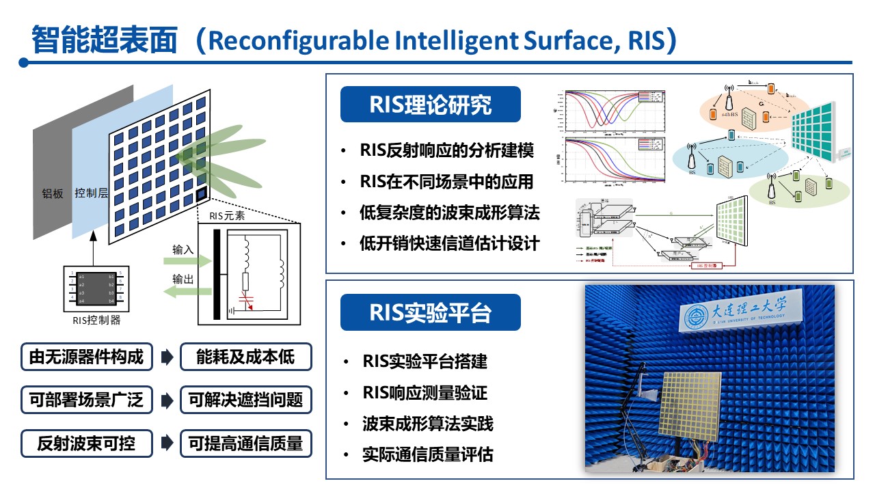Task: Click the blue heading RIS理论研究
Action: (x=430, y=105)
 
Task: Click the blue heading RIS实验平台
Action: (x=430, y=312)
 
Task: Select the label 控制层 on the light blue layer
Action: (x=92, y=193)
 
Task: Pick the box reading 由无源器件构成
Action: (x=86, y=357)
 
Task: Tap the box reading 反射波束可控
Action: (x=86, y=443)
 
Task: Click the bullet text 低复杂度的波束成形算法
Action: (x=450, y=213)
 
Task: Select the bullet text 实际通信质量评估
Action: (x=428, y=454)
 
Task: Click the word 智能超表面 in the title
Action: (x=104, y=40)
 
